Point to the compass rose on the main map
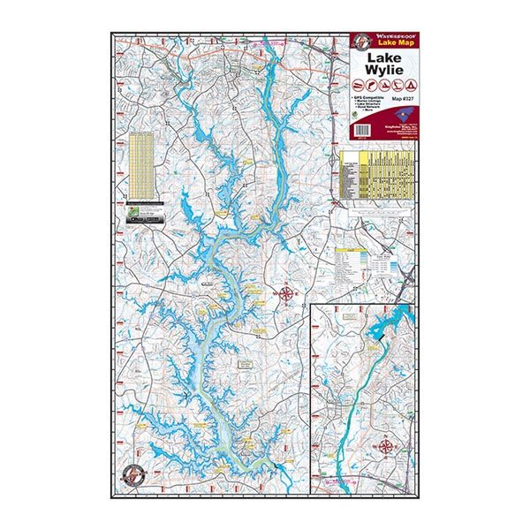(x=286, y=293)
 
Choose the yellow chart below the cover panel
(x=376, y=173)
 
